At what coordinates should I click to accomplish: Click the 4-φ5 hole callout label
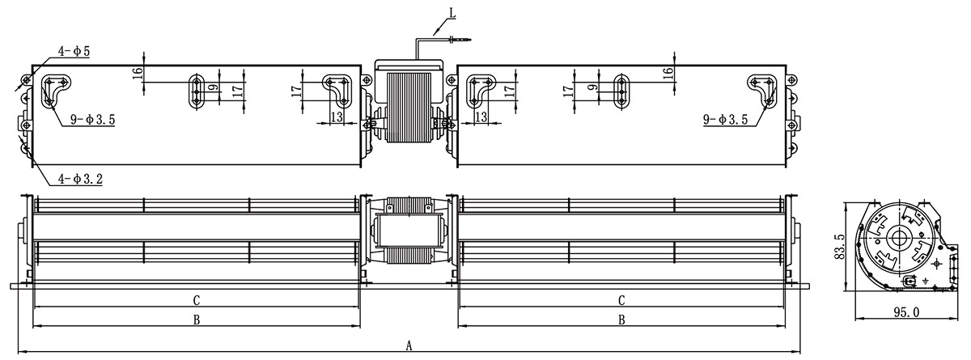tap(74, 51)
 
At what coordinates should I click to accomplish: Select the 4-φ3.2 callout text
tap(81, 179)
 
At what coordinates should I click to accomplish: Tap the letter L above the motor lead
tap(452, 13)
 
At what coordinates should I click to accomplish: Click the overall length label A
tap(409, 345)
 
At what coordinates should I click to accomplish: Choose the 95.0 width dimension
tap(907, 312)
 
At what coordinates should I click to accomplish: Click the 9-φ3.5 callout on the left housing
tap(93, 120)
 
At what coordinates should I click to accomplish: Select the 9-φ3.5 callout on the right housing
tap(726, 119)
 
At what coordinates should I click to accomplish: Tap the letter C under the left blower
tap(197, 300)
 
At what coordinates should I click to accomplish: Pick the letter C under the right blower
tap(621, 300)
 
